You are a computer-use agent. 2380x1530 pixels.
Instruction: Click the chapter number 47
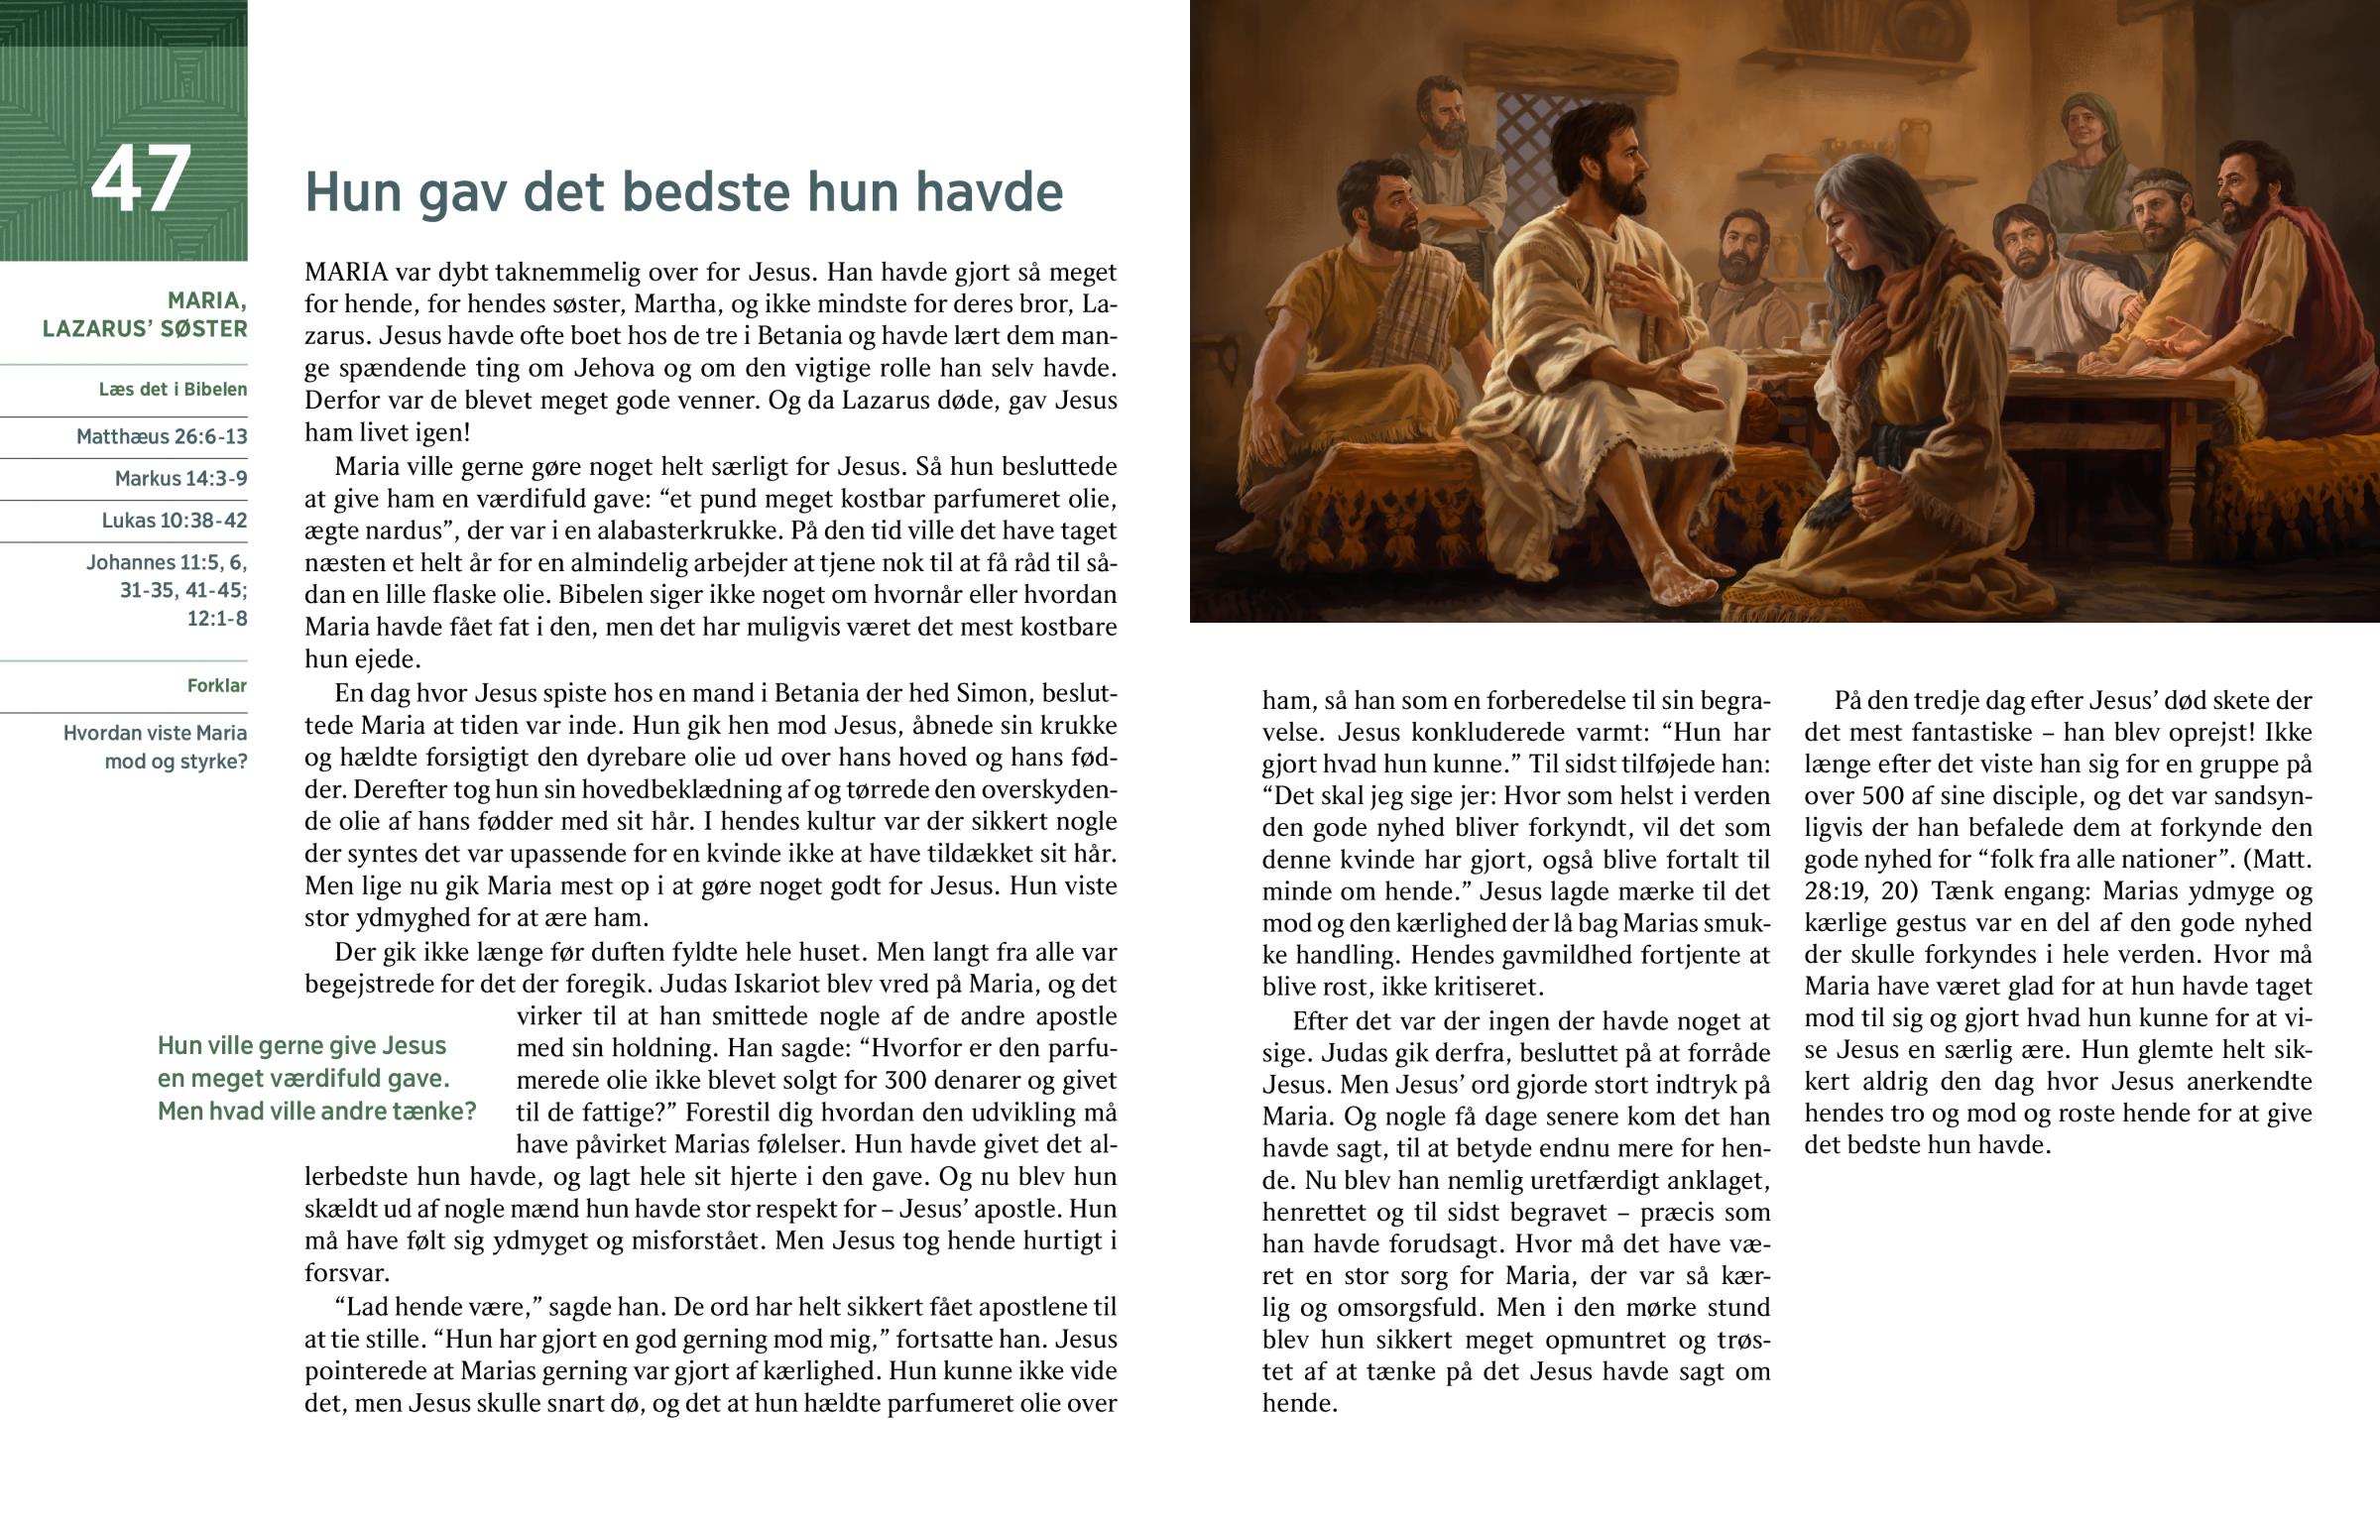(x=140, y=179)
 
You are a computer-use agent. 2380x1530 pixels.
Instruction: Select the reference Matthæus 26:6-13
(x=162, y=436)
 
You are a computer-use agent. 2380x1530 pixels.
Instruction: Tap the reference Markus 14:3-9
(x=180, y=478)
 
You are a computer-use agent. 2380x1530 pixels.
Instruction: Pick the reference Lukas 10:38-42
(x=174, y=520)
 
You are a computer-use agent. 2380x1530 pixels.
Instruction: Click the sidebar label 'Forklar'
(x=216, y=685)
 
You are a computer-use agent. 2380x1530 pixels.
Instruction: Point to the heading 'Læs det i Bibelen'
(x=173, y=390)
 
